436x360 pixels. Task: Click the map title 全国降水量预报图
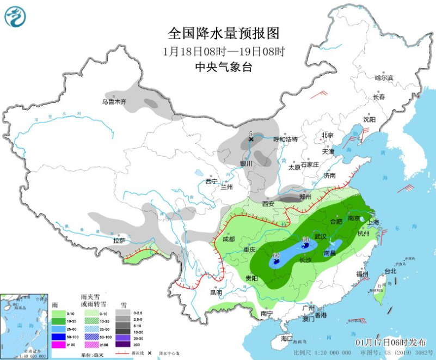coord(223,33)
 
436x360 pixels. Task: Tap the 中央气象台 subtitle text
coord(223,67)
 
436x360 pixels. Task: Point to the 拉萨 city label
coord(119,240)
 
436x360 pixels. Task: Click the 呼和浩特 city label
coord(285,139)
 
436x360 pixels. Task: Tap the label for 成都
coord(229,239)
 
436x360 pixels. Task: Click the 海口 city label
coord(286,338)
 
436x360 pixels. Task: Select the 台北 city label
coord(390,271)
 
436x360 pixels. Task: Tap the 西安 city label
coord(268,204)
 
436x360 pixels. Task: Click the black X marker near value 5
coord(251,139)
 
